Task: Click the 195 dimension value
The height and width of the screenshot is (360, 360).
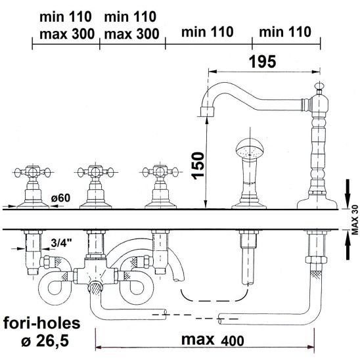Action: pyautogui.click(x=262, y=62)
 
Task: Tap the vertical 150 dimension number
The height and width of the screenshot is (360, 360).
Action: pyautogui.click(x=198, y=166)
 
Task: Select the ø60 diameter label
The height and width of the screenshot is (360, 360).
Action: pyautogui.click(x=60, y=198)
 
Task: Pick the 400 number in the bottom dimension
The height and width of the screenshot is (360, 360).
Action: pyautogui.click(x=233, y=341)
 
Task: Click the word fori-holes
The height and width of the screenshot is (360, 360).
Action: pyautogui.click(x=42, y=323)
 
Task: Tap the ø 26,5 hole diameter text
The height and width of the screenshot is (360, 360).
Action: pyautogui.click(x=45, y=341)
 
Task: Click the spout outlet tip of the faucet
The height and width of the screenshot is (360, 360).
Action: pyautogui.click(x=208, y=112)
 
